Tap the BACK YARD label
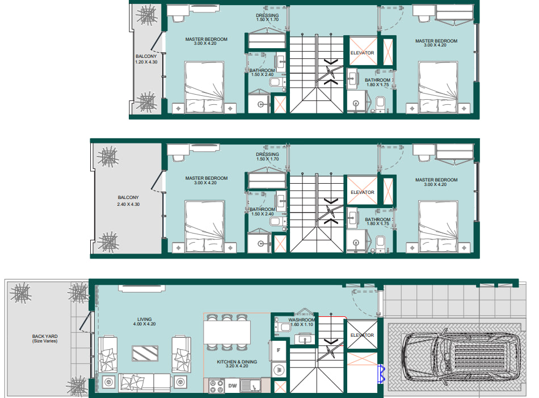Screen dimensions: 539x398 [x=45, y=338]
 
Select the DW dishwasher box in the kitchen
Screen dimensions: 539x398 [x=233, y=386]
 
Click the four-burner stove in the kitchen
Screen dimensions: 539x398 [x=217, y=386]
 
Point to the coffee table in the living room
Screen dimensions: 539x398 [x=145, y=353]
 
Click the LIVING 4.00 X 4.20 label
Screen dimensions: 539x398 [x=144, y=321]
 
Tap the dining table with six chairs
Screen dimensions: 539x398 [x=227, y=332]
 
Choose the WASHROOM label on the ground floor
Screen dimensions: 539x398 [x=301, y=320]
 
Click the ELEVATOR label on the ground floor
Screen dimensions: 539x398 [x=363, y=335]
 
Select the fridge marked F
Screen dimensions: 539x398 [x=278, y=350]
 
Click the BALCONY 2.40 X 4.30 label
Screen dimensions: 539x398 [x=128, y=201]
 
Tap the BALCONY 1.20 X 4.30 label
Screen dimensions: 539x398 [x=146, y=59]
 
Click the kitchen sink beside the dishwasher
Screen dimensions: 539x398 [x=250, y=386]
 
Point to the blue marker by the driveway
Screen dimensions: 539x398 [x=381, y=374]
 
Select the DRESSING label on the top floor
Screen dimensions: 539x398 [x=267, y=15]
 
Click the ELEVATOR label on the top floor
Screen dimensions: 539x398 [x=363, y=53]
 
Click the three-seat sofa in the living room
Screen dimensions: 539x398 [x=145, y=383]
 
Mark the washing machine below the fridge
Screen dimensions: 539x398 [x=279, y=370]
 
